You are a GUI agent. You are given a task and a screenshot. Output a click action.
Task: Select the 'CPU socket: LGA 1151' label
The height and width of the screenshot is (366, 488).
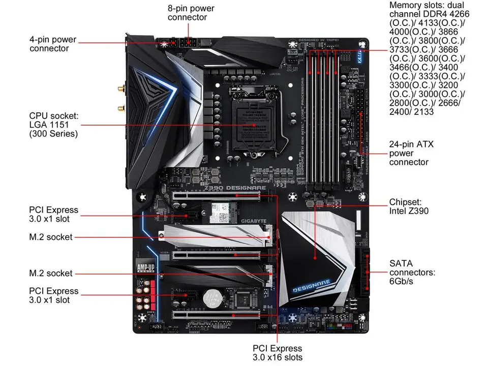click(x=54, y=125)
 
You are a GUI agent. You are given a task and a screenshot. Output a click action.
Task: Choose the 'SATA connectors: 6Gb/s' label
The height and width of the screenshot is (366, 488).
click(x=412, y=272)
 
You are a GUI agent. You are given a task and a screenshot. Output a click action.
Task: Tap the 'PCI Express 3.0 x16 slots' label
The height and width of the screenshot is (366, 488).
click(x=277, y=353)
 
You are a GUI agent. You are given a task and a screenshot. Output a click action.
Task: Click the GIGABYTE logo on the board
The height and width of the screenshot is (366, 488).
click(x=253, y=221)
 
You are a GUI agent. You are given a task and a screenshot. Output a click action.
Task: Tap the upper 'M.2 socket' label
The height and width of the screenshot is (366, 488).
click(x=50, y=237)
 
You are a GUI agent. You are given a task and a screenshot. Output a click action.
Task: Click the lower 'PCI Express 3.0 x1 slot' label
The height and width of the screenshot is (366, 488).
click(x=53, y=295)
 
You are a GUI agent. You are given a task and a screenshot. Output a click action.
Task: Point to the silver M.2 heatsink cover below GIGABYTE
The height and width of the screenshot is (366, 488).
click(x=213, y=235)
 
